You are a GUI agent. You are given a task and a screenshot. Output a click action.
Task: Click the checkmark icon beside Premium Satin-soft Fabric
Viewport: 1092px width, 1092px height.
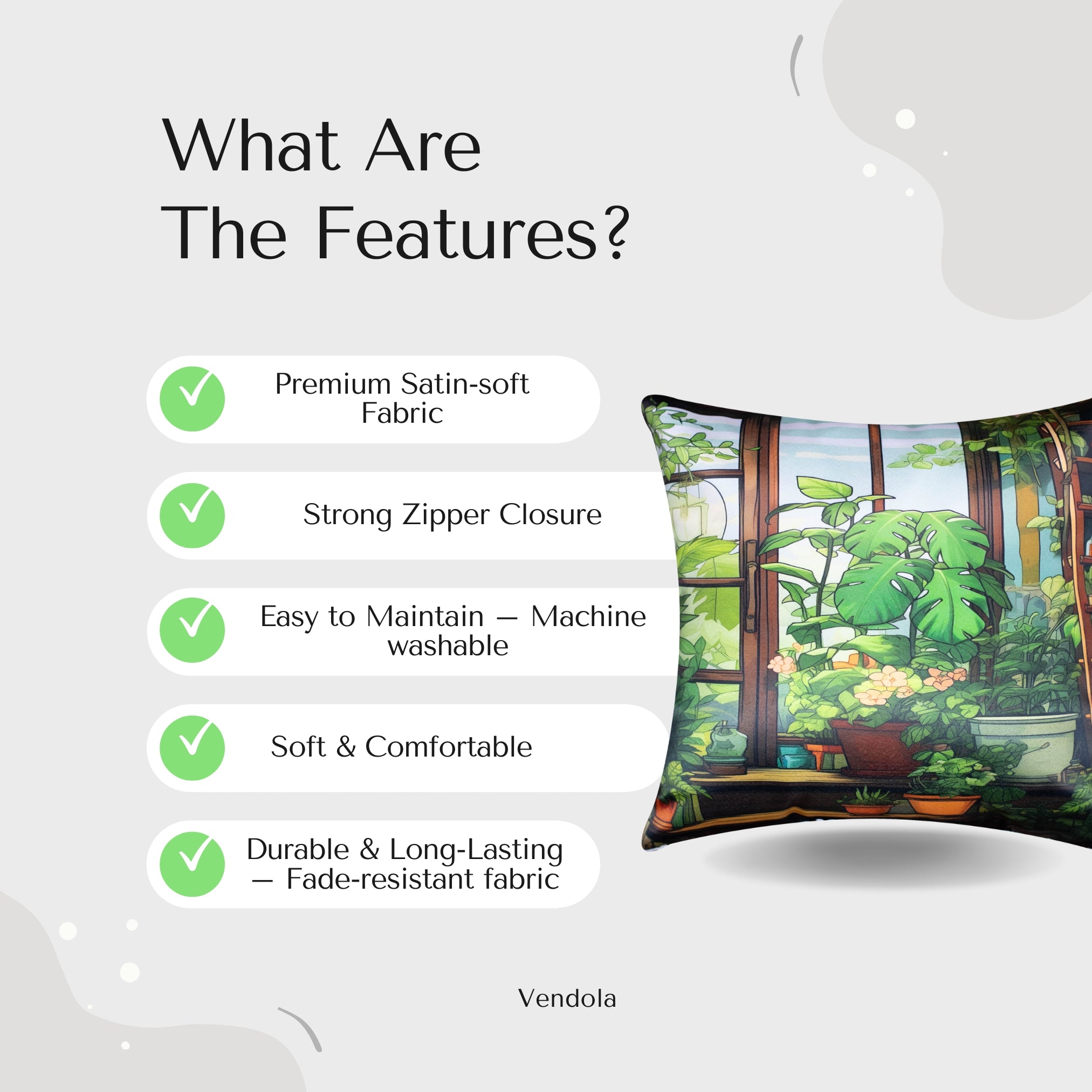[192, 399]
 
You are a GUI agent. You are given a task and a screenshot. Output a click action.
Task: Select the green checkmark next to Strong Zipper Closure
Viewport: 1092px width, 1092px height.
[192, 516]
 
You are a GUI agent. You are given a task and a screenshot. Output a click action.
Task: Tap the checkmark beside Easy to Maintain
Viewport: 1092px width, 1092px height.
[192, 630]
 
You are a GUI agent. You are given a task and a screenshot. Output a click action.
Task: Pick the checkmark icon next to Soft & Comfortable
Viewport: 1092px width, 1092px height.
[192, 748]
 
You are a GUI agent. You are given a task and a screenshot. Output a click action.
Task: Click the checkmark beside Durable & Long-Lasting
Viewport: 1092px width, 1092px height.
[192, 864]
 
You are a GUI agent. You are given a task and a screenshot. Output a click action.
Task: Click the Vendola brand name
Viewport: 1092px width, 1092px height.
[567, 999]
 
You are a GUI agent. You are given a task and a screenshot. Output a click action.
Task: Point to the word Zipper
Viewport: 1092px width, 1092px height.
[445, 516]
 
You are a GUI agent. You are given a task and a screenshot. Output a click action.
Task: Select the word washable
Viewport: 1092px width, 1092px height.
[448, 645]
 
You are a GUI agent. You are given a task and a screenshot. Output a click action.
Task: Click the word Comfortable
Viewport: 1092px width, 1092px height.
[449, 747]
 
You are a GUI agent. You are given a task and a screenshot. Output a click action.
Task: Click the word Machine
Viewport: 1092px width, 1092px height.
[588, 617]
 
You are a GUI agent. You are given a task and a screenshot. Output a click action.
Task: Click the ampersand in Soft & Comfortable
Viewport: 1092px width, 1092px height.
[346, 747]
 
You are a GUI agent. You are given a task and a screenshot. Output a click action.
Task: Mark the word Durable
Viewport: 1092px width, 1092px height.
[298, 849]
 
